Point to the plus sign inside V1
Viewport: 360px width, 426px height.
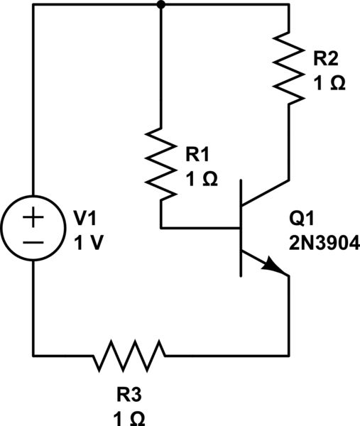click(33, 219)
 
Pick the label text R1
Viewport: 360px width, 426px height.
click(199, 153)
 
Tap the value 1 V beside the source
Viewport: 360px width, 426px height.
click(88, 243)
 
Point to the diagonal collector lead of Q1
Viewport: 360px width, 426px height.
click(266, 192)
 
